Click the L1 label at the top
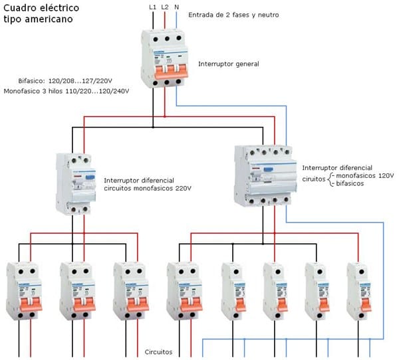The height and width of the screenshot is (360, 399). (154, 7)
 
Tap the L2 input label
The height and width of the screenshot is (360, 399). (166, 7)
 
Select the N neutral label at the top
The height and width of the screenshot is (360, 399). (176, 7)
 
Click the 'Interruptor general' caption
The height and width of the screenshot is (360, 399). (228, 64)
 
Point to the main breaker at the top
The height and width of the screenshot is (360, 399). (166, 58)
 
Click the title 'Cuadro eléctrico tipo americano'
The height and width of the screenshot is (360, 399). (41, 13)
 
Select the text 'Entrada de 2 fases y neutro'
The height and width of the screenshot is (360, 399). (233, 15)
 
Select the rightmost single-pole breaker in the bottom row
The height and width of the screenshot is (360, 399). (358, 292)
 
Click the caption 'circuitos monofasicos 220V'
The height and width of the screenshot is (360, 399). (147, 189)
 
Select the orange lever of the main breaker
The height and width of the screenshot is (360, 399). (166, 67)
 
